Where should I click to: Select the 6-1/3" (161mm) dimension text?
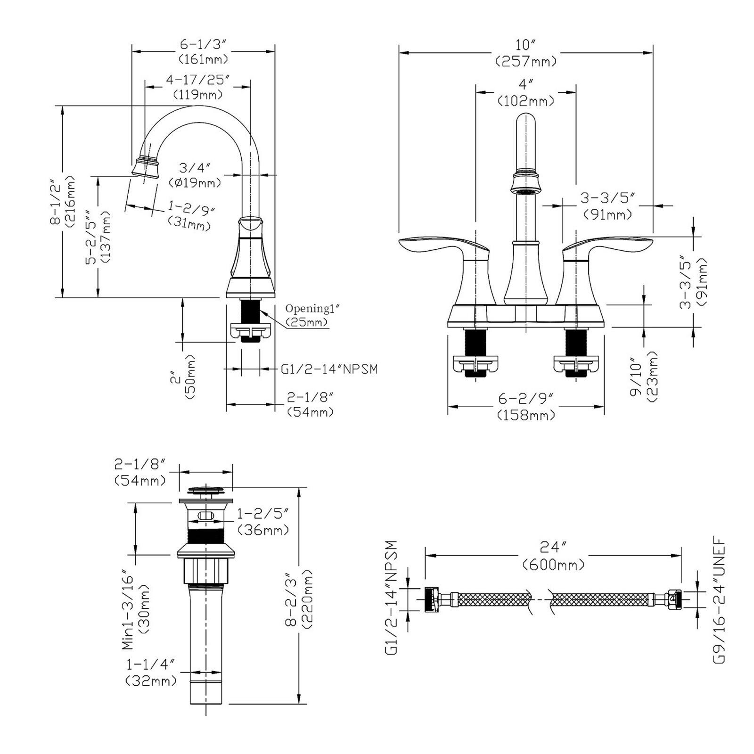pyautogui.click(x=203, y=52)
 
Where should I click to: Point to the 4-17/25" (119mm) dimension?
pyautogui.click(x=197, y=87)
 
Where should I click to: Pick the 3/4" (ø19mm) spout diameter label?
pyautogui.click(x=194, y=175)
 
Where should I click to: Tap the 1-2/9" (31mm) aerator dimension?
pyautogui.click(x=190, y=216)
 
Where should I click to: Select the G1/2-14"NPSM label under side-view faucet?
pyautogui.click(x=329, y=369)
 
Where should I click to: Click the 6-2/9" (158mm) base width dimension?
pyautogui.click(x=525, y=407)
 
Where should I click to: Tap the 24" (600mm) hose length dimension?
pyautogui.click(x=553, y=556)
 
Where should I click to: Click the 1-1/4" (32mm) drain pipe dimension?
pyautogui.click(x=151, y=672)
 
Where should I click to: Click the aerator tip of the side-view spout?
pyautogui.click(x=145, y=168)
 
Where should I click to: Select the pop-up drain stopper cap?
pyautogui.click(x=205, y=492)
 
